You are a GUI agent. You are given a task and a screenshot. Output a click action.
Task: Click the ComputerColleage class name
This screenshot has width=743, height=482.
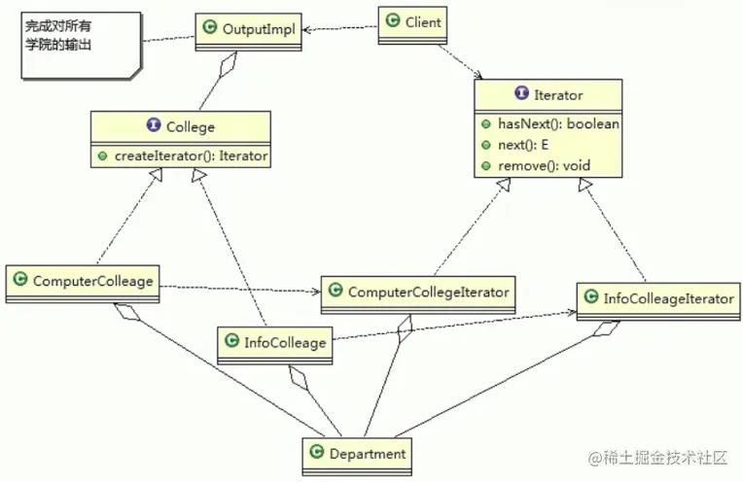tap(92, 282)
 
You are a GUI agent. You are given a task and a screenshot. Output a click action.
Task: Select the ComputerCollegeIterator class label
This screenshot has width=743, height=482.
tap(428, 292)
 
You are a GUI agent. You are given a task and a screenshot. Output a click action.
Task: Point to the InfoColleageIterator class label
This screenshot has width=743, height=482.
tap(668, 298)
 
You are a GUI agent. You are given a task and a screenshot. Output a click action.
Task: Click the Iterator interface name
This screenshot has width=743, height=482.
tap(558, 95)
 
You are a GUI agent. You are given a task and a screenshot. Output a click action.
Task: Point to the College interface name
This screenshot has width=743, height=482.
tap(191, 126)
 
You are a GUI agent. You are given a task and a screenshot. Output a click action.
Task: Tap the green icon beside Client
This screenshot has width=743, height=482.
tap(392, 19)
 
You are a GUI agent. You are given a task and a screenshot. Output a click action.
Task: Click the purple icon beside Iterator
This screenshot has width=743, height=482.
tap(521, 94)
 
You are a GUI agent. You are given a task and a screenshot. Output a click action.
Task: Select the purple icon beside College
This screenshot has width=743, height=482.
tap(154, 126)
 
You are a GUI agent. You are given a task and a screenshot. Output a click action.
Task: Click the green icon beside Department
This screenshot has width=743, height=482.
tap(316, 453)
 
